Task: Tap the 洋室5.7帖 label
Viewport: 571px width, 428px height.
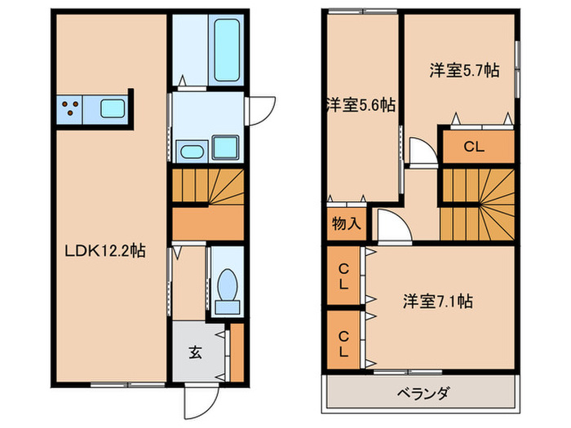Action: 464,71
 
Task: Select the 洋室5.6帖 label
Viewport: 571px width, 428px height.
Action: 360,104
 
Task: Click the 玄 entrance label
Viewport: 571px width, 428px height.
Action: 196,352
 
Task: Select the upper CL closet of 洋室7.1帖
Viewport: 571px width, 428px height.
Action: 343,276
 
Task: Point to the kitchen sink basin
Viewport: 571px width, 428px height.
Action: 112,108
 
